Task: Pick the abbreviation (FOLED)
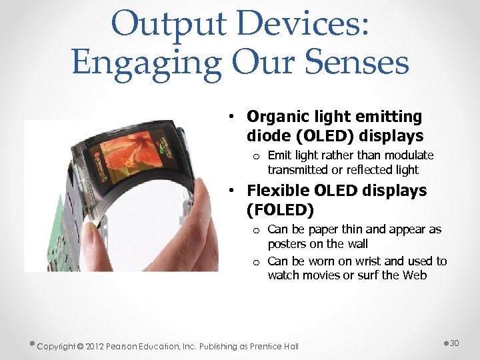[280, 211]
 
